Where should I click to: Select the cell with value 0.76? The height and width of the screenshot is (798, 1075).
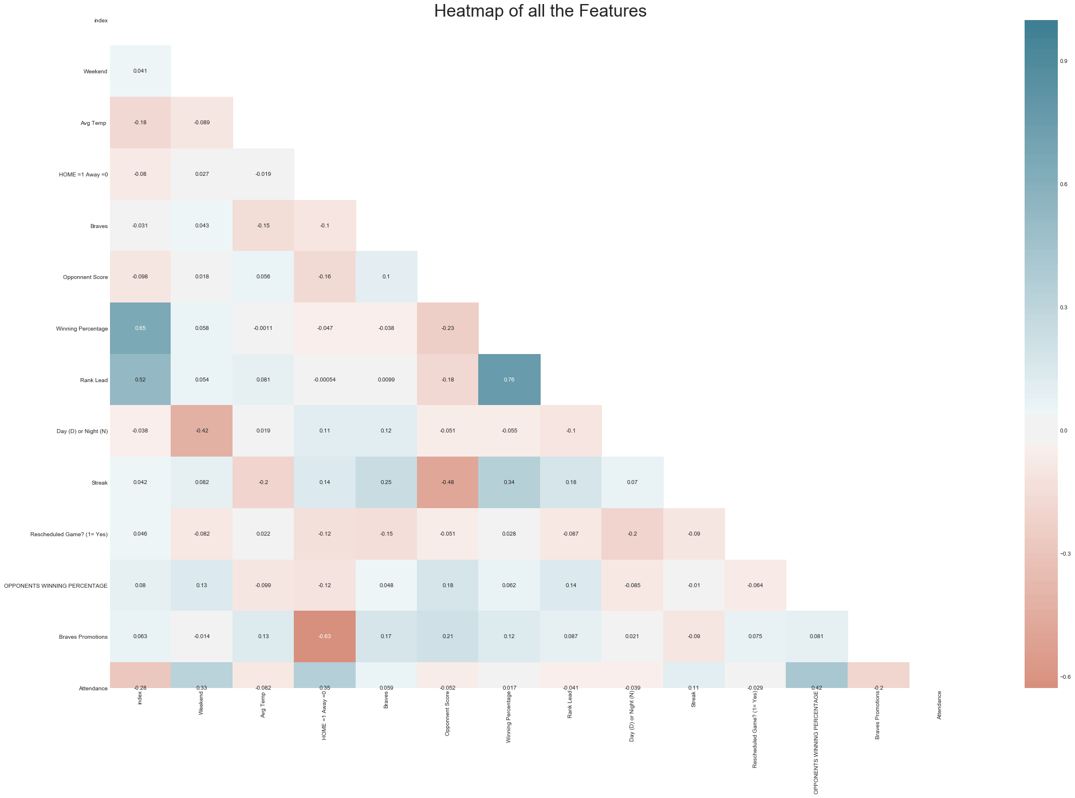pos(509,380)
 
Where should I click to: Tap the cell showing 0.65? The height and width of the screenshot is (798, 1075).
pos(140,328)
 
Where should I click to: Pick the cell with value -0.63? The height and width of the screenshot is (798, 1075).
pos(325,636)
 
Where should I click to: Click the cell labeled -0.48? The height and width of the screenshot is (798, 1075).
pos(448,482)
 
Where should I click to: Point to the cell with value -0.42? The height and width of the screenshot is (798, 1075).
pos(202,431)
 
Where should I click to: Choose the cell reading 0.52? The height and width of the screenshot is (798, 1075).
pos(140,380)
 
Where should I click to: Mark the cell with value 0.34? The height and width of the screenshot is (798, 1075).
pos(509,482)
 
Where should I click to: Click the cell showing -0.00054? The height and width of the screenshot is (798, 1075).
pos(325,380)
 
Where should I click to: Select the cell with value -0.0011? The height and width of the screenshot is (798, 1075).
pos(263,328)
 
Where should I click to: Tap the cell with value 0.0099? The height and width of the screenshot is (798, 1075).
pos(386,380)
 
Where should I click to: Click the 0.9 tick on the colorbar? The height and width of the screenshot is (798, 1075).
pos(1063,61)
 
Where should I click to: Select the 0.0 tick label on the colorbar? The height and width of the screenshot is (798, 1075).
pos(1063,431)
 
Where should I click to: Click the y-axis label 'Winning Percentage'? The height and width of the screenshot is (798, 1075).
pos(82,329)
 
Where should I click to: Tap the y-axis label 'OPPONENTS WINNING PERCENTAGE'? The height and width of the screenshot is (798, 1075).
pos(56,585)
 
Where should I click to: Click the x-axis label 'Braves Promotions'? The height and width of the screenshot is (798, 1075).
pos(877,715)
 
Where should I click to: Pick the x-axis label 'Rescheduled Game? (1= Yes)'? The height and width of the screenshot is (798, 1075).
pos(755,729)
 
